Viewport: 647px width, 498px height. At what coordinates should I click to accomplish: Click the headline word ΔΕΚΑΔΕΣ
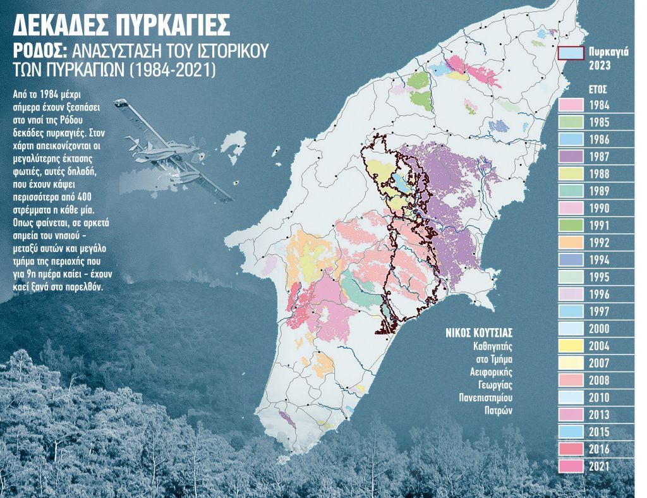click(66, 25)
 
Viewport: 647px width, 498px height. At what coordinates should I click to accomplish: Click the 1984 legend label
click(599, 105)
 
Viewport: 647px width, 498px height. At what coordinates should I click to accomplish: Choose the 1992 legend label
click(599, 242)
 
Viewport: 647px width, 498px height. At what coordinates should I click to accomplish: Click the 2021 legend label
click(599, 466)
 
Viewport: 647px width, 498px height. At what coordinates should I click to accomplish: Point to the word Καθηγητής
click(493, 346)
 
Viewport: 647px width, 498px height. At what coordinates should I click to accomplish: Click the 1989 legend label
click(599, 191)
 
